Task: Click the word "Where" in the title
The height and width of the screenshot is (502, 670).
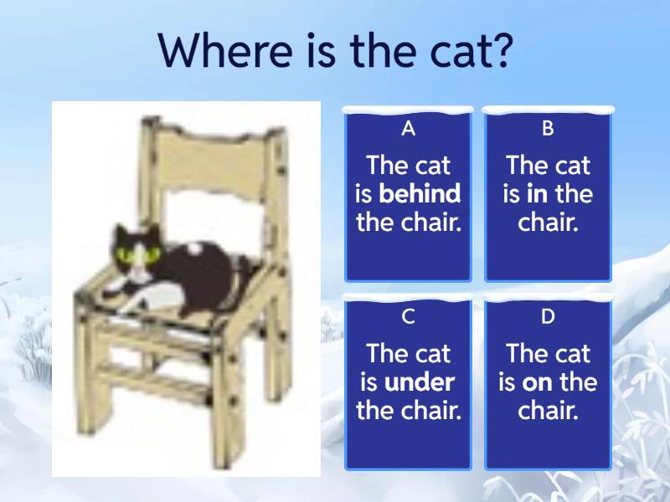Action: pyautogui.click(x=226, y=50)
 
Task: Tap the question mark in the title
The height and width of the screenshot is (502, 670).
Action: pyautogui.click(x=499, y=49)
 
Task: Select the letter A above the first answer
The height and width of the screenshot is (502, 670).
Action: pyautogui.click(x=409, y=128)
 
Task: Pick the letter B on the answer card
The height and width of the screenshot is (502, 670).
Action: pyautogui.click(x=548, y=128)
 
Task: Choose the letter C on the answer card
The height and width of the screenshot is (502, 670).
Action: pyautogui.click(x=409, y=317)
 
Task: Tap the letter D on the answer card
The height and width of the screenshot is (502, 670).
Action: pyautogui.click(x=548, y=317)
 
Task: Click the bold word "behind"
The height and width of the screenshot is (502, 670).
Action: pyautogui.click(x=420, y=193)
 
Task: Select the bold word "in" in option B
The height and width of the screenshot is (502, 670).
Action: pyautogui.click(x=537, y=194)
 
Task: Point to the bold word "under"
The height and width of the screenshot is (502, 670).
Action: pyautogui.click(x=420, y=382)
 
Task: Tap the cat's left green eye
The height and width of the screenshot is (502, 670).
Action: pyautogui.click(x=126, y=256)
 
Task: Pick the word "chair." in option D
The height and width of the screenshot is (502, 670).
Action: pyautogui.click(x=548, y=410)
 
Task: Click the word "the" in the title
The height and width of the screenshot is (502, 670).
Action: pyautogui.click(x=383, y=50)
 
